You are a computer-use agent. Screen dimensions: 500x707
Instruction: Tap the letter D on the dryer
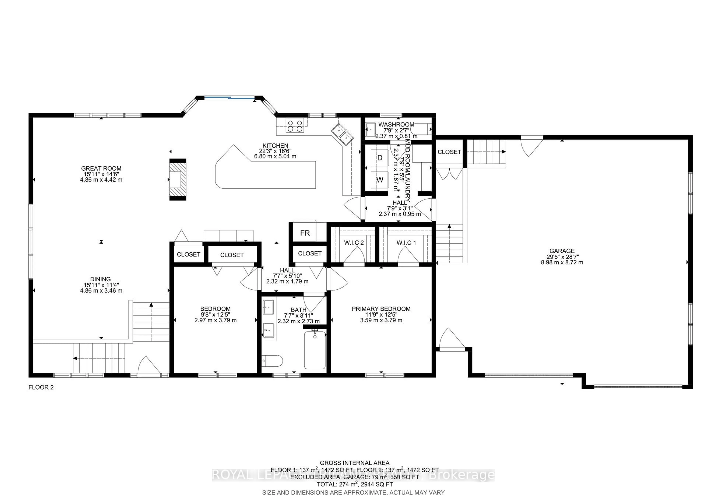(x=380, y=158)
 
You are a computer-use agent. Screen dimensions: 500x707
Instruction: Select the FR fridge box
(x=305, y=233)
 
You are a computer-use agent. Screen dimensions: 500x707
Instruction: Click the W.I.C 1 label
(x=406, y=243)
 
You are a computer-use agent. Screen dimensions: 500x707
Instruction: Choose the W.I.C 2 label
(x=354, y=243)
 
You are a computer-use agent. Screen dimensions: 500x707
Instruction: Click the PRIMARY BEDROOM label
(x=381, y=309)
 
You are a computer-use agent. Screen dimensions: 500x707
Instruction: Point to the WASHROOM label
(x=396, y=125)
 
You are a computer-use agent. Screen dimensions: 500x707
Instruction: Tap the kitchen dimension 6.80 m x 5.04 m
(x=275, y=156)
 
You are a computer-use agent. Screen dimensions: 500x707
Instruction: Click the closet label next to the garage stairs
(x=449, y=152)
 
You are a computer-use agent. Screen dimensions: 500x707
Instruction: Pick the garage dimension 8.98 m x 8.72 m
(x=562, y=263)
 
